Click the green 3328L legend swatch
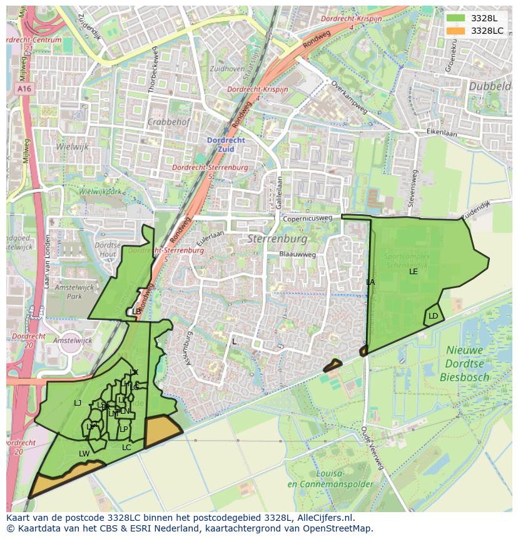tap(456, 18)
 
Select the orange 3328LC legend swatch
tap(456, 31)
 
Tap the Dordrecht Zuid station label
tap(226, 145)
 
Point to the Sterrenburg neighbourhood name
tap(277, 239)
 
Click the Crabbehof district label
tap(168, 122)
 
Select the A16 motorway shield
tap(24, 90)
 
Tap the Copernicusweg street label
tap(307, 219)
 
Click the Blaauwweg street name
tap(298, 255)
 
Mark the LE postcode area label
tap(414, 272)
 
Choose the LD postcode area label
tap(433, 316)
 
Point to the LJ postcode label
tap(78, 403)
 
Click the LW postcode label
tap(84, 453)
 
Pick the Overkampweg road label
tap(348, 97)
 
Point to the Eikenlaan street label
tap(442, 133)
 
